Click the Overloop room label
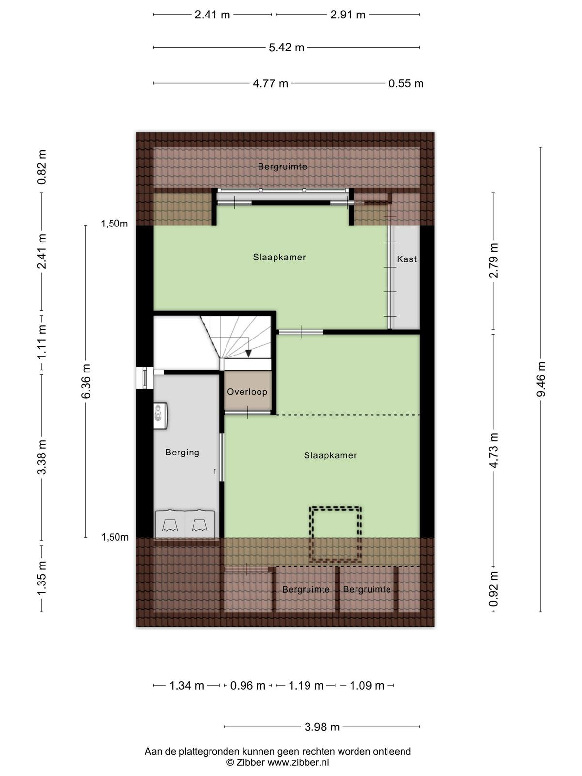coord(247,392)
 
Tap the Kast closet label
coord(407,259)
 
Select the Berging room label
coord(182,453)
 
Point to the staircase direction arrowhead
coord(248,353)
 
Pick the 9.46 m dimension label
coord(541,379)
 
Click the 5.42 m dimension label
coord(286,48)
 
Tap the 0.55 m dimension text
coord(406,83)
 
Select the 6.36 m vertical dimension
coord(86,381)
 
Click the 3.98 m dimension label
coord(322,724)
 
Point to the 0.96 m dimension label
coord(248,685)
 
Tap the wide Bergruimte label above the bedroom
coord(282,166)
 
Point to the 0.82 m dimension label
coord(42,167)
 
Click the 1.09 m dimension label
coord(367,685)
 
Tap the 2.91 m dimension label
coord(348,15)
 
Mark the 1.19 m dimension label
coord(306,685)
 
